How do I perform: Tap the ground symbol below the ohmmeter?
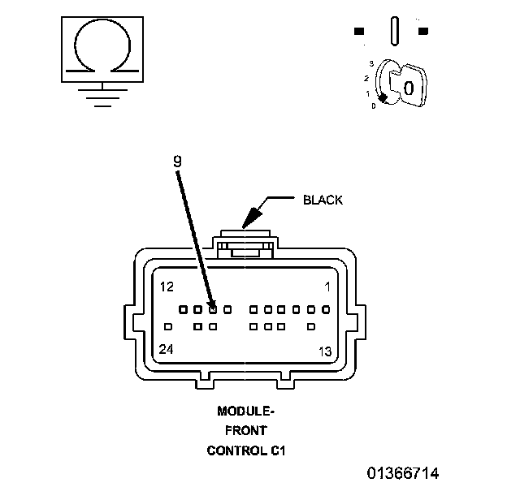[103, 97]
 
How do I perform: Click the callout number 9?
[177, 162]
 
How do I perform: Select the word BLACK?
[323, 200]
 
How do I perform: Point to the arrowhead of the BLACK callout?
[252, 217]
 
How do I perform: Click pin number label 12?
[167, 287]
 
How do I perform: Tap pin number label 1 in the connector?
[327, 287]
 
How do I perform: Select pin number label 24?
[167, 349]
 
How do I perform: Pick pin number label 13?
[325, 351]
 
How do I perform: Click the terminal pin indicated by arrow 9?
[213, 310]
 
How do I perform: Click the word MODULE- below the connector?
[245, 411]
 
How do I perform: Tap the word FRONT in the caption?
[245, 430]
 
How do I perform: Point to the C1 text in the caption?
[278, 450]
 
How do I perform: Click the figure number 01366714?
[403, 473]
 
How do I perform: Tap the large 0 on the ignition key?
[409, 88]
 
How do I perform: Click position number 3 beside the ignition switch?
[371, 64]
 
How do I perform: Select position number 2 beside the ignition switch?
[366, 79]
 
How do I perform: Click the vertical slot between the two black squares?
[395, 31]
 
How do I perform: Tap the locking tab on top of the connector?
[245, 244]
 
